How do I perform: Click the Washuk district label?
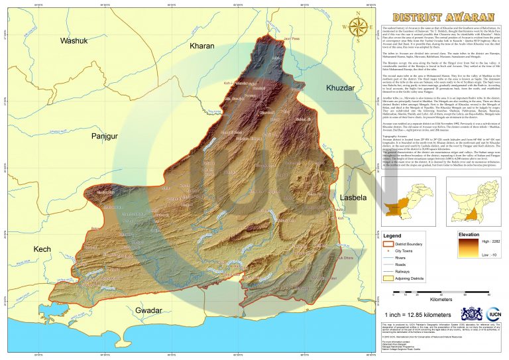[74, 41]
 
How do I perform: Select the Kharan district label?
[201, 46]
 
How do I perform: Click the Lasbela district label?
[353, 198]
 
